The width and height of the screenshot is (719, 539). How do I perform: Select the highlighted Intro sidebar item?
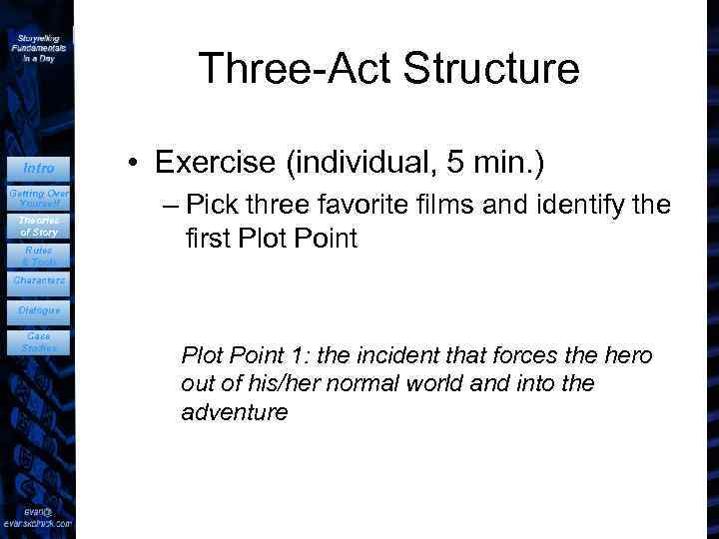click(39, 168)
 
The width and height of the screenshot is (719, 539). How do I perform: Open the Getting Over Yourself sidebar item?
click(39, 197)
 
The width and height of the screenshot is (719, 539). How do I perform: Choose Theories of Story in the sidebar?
click(39, 226)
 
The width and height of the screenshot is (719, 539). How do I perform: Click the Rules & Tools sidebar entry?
click(39, 256)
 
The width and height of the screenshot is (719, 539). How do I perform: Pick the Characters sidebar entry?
click(39, 281)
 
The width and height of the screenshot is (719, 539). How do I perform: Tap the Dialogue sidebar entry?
click(39, 310)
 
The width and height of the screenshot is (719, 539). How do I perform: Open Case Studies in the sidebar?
click(39, 341)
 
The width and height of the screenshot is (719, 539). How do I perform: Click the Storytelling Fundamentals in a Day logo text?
click(39, 47)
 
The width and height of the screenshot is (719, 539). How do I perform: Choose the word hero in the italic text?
click(630, 355)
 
